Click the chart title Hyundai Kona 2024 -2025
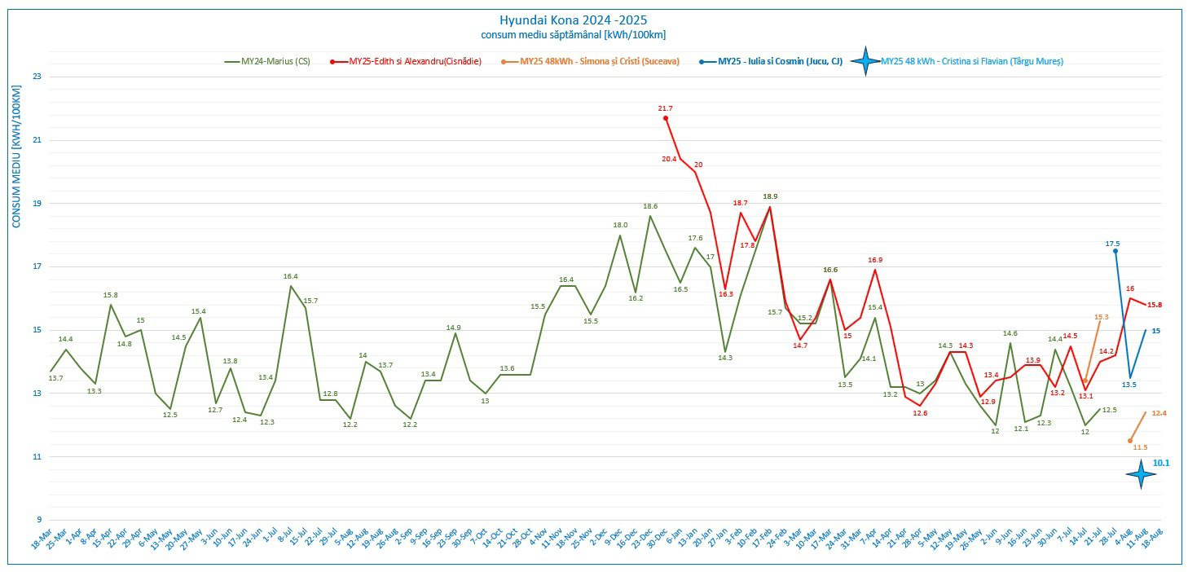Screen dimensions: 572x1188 point(574,20)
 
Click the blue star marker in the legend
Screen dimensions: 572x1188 point(865,61)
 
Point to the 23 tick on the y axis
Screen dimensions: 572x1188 point(36,77)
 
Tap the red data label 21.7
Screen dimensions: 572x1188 point(666,108)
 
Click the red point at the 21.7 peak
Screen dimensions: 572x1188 point(666,118)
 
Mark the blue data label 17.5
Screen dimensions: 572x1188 point(1112,244)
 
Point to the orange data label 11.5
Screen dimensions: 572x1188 point(1140,447)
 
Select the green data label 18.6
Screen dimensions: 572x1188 point(650,206)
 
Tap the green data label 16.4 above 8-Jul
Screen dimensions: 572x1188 point(290,276)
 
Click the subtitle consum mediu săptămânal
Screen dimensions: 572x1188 point(574,34)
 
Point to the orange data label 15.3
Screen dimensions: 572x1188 point(1102,316)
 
